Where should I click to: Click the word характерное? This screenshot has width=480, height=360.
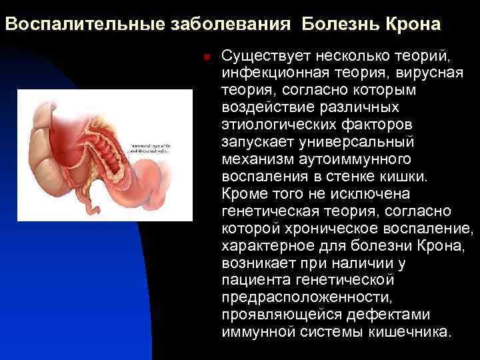(x=267, y=245)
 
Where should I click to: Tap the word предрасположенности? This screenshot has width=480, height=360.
(x=306, y=297)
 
